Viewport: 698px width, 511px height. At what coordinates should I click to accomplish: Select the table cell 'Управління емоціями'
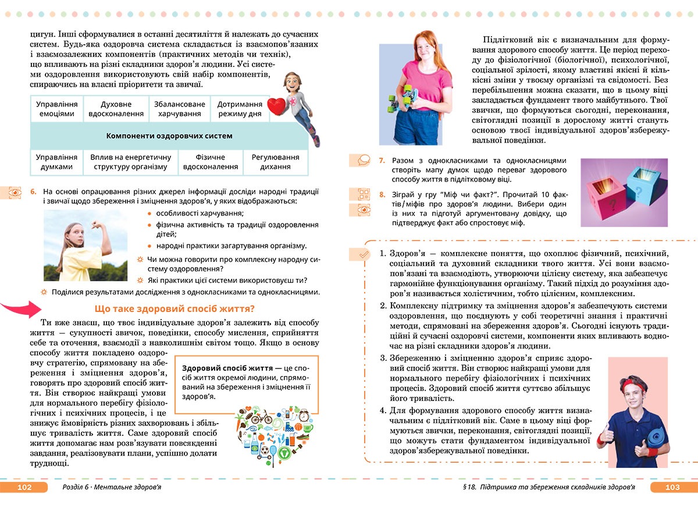click(56, 109)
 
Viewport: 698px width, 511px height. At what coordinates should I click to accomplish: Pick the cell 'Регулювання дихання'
click(275, 161)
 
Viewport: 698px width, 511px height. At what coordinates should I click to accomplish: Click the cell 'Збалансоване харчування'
click(180, 109)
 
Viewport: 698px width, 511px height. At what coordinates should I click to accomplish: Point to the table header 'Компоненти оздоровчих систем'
click(169, 136)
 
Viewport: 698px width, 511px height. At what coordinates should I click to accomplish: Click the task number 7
click(382, 160)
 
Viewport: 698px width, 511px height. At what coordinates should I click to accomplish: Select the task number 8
click(382, 194)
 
